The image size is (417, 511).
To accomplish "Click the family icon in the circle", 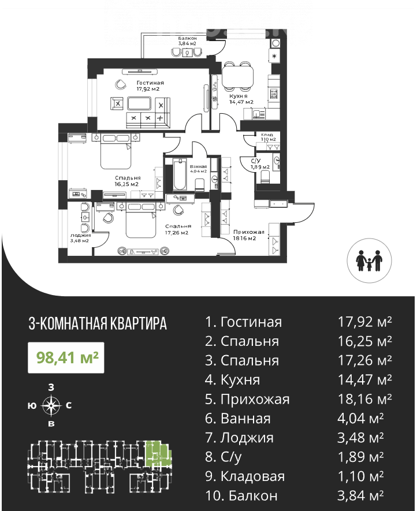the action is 370,261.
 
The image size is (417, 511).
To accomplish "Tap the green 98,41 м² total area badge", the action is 66,357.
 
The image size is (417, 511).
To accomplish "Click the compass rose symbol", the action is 51,406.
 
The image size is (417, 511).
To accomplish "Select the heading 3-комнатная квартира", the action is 98,323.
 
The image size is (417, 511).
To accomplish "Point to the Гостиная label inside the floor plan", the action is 150,83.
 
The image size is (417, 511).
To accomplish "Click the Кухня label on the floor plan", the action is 239,96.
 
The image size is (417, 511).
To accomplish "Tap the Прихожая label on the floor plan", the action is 248,232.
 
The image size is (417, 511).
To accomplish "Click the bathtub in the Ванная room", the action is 180,174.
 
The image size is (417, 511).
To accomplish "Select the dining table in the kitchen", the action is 238,76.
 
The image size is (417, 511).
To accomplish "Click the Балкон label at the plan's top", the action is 187,39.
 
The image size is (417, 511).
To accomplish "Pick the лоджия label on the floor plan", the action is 80,235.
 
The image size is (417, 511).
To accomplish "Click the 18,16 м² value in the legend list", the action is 364,398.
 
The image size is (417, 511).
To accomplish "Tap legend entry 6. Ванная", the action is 238,419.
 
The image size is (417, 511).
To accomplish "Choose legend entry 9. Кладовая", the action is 245,476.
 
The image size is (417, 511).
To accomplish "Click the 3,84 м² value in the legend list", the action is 360,495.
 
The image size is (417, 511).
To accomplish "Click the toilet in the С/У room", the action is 266,178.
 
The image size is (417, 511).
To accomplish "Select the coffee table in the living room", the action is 139,103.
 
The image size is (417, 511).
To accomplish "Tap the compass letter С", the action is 69,405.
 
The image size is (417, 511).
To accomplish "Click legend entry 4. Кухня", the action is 232,380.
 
